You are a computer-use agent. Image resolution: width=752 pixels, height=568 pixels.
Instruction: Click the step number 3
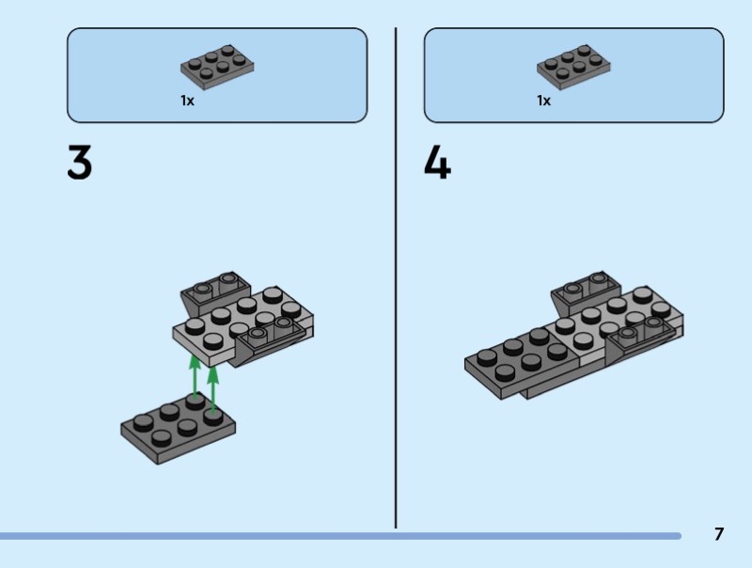80,162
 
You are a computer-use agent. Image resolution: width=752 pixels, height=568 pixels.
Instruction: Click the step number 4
437,162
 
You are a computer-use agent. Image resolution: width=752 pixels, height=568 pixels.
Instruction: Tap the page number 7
718,534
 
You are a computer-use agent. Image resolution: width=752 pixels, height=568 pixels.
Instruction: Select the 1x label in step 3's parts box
187,101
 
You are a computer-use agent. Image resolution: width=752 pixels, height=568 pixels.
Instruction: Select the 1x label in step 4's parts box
544,101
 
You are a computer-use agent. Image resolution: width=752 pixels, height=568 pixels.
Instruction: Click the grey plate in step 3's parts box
217,67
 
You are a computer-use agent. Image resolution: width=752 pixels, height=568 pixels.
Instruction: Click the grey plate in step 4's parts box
573,67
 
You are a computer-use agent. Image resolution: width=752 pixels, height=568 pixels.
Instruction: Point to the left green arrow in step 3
195,376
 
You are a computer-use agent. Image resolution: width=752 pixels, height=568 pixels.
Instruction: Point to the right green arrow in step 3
213,388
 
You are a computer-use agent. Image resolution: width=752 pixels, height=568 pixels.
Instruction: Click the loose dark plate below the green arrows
178,429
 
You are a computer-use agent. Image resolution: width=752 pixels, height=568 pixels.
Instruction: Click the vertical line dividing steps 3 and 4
396,277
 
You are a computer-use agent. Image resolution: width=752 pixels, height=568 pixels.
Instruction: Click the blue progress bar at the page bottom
340,536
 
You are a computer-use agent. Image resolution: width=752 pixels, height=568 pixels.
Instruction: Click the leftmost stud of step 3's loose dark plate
143,422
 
